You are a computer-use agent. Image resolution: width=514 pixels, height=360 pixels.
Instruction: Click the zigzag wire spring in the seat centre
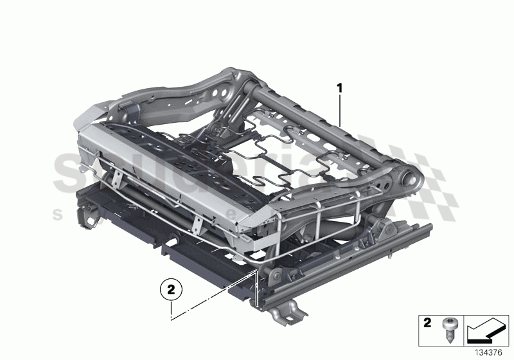257,161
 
